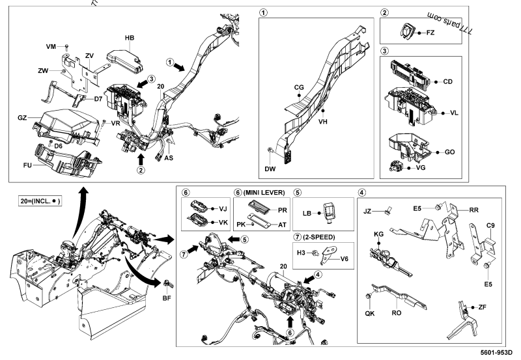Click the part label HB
(130, 38)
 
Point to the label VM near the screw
(51, 46)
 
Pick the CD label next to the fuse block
(447, 82)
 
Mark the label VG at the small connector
(421, 168)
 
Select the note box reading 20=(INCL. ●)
(40, 201)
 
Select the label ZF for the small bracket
(483, 306)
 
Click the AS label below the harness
(169, 158)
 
